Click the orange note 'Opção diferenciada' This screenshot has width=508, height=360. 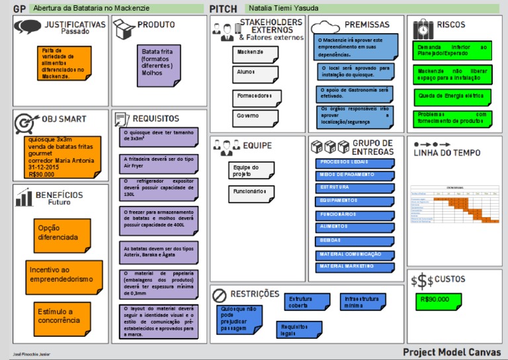point(60,233)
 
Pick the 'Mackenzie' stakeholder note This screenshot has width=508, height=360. point(254,53)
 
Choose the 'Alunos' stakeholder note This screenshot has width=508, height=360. point(254,74)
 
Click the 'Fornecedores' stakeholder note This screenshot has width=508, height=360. point(255,97)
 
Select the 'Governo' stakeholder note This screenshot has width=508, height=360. point(254,117)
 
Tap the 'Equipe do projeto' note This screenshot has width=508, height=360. point(250,171)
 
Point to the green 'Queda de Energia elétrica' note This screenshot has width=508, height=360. point(452,96)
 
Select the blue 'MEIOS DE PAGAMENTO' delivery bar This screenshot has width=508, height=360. point(355,174)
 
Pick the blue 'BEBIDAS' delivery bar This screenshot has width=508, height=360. point(355,241)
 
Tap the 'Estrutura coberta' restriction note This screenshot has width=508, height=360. point(306,302)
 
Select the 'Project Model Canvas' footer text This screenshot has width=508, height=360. point(451,352)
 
